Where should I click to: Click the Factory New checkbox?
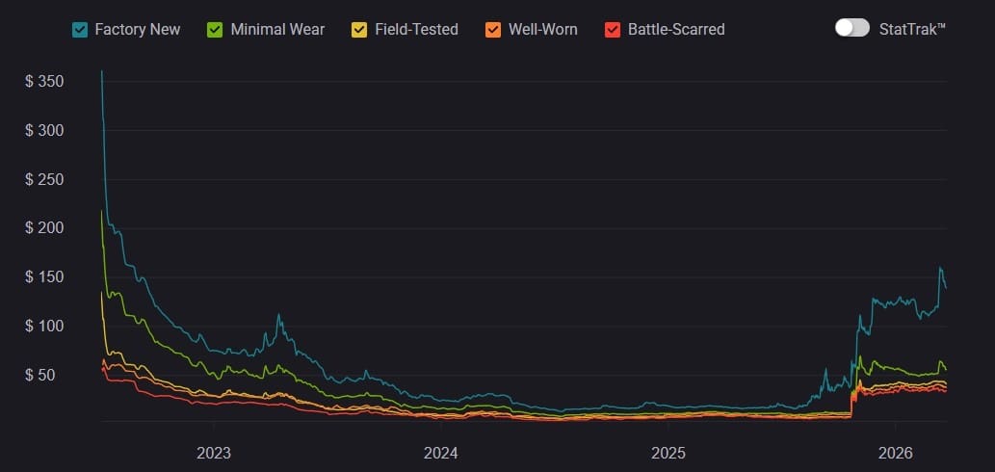click(81, 29)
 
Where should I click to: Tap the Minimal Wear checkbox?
click(216, 29)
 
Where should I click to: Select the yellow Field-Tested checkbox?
click(359, 29)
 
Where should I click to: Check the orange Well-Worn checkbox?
click(493, 29)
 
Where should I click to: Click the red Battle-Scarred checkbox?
click(613, 29)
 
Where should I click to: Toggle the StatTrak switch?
click(852, 28)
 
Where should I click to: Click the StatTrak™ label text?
click(912, 29)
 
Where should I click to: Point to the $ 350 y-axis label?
click(44, 82)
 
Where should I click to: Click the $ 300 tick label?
click(44, 131)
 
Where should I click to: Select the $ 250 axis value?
click(44, 180)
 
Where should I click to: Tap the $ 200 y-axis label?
click(44, 228)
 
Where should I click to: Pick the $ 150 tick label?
click(44, 277)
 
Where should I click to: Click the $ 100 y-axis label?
click(44, 327)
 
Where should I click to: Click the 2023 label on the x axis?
click(214, 452)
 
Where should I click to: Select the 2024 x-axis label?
click(441, 452)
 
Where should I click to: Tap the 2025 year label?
click(668, 452)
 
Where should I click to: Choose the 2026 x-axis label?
click(896, 452)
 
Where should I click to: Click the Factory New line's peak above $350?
click(102, 71)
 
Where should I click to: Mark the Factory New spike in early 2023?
click(279, 315)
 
